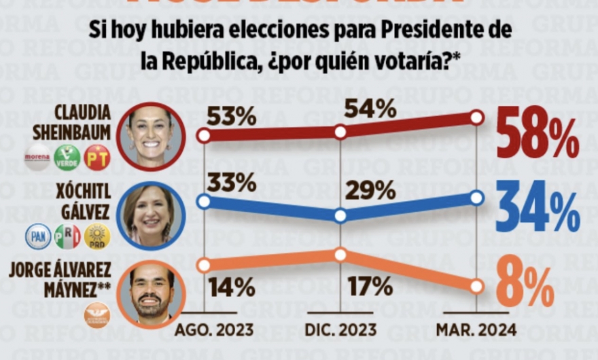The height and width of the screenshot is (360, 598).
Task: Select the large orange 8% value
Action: (x=525, y=286)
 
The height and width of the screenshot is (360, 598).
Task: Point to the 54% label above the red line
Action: (x=370, y=108)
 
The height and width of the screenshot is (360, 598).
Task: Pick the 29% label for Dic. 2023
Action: (x=370, y=191)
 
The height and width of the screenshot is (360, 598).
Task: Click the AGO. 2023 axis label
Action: (x=214, y=331)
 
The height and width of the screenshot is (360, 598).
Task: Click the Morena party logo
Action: (x=37, y=157)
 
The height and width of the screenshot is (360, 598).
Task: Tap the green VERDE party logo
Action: (x=67, y=157)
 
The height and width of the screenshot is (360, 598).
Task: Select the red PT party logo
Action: (x=96, y=157)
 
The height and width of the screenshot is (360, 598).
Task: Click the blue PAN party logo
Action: (x=38, y=236)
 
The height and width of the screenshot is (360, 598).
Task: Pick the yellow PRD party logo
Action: (x=97, y=236)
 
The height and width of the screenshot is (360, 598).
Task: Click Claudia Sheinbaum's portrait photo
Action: (x=150, y=136)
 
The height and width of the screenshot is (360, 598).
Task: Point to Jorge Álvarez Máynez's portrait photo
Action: (x=150, y=294)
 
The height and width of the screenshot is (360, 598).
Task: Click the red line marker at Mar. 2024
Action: (x=477, y=118)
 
